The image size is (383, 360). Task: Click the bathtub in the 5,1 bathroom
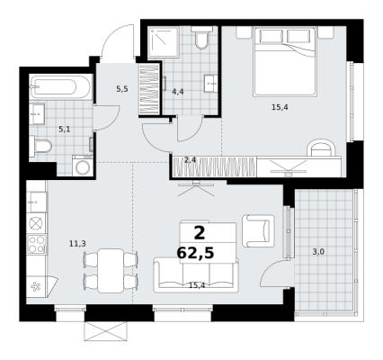(60, 86)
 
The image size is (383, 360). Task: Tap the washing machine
(82, 166)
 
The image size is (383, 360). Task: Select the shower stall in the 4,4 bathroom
(164, 42)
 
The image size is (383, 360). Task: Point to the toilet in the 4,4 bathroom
(201, 38)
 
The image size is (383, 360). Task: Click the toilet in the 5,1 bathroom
(40, 147)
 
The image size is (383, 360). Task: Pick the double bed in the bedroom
(285, 62)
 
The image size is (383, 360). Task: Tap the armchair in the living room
(258, 230)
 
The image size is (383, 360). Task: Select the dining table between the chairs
(111, 270)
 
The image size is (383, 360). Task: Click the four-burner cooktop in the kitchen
(37, 244)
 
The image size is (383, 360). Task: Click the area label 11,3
(77, 244)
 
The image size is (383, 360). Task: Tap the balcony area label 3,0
(318, 252)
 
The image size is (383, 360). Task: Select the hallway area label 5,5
(122, 89)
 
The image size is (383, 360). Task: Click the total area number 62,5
(195, 253)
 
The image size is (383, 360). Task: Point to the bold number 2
(200, 233)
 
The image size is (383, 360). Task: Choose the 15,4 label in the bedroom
(280, 107)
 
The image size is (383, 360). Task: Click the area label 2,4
(190, 160)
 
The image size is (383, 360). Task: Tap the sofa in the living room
(196, 274)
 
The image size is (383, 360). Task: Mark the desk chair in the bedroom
(321, 148)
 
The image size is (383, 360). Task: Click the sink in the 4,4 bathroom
(211, 84)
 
